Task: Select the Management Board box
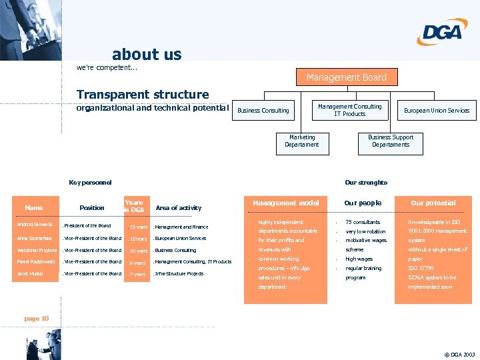346,77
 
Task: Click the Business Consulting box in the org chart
263,110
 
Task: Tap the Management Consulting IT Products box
349,110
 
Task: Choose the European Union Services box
437,110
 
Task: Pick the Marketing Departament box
302,141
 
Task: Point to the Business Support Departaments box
391,141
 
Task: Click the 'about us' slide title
147,54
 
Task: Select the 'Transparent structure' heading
143,95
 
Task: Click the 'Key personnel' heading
91,183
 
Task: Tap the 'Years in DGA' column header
134,206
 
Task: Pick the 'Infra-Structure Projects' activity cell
179,274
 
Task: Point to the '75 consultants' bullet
363,222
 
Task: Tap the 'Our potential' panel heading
433,203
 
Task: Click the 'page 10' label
37,319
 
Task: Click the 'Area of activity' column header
178,208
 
